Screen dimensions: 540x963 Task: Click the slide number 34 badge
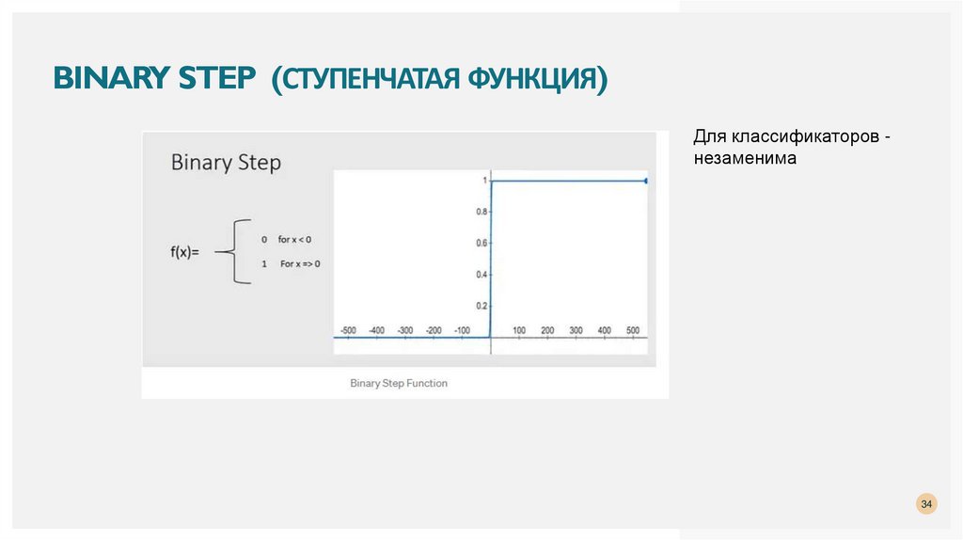click(x=926, y=505)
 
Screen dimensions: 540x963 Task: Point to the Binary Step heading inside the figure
click(x=226, y=162)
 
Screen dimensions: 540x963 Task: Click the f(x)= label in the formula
click(x=185, y=251)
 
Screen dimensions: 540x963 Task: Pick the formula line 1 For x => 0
click(x=291, y=263)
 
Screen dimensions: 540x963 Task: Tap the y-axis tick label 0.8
click(x=482, y=212)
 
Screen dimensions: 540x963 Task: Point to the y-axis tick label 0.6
click(x=482, y=243)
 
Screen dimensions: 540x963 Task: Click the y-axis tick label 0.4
click(x=482, y=274)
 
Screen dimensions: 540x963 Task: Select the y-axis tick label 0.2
click(x=482, y=306)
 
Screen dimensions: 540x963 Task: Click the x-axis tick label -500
click(x=347, y=330)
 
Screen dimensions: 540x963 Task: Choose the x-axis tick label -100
click(x=461, y=330)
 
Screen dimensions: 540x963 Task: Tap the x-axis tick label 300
click(x=576, y=330)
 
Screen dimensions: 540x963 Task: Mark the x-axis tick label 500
click(x=633, y=330)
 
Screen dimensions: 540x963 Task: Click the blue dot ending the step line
click(x=647, y=181)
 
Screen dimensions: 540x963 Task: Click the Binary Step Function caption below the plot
click(x=399, y=383)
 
